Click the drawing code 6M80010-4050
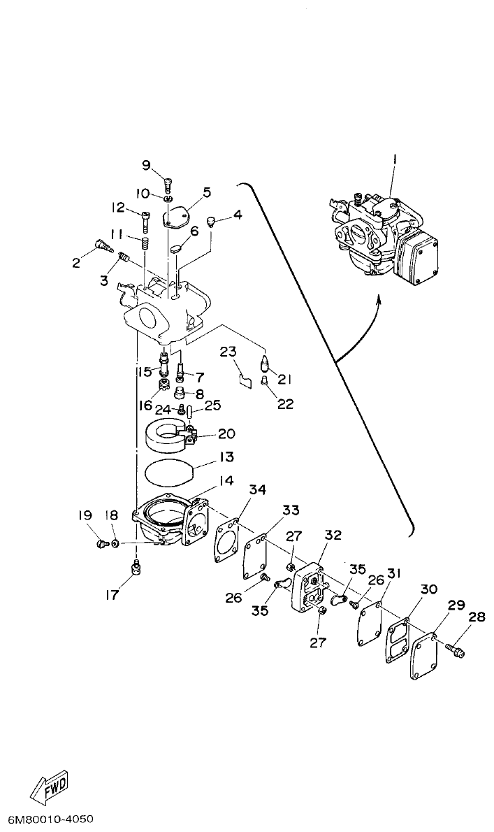tap(51, 819)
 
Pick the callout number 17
tap(112, 595)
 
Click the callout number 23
tap(228, 352)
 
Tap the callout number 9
tap(146, 165)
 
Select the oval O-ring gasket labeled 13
tap(168, 473)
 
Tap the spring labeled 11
tap(144, 244)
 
